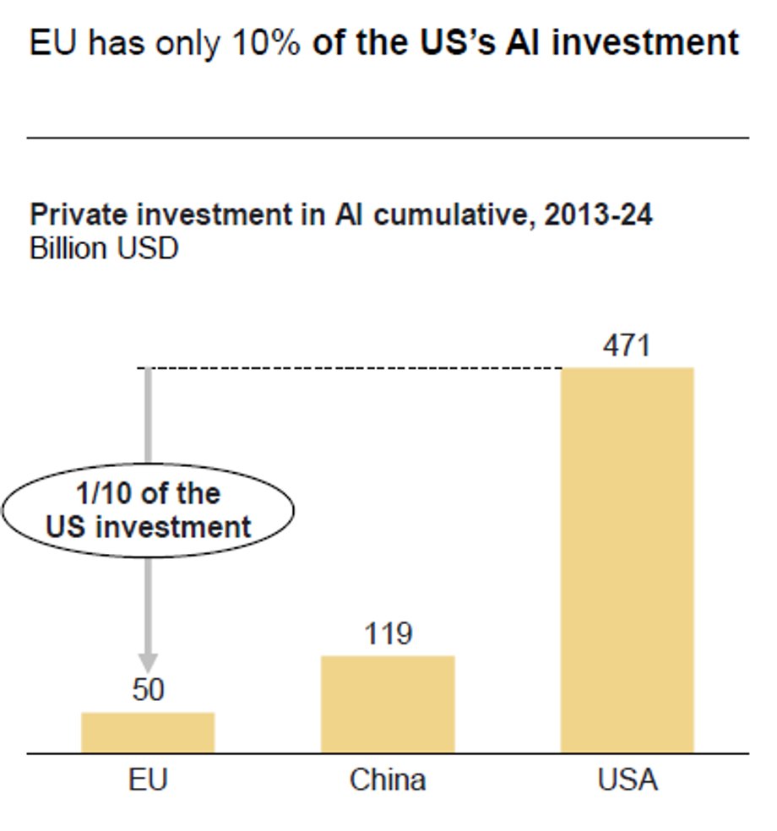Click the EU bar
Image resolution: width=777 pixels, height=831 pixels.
click(x=148, y=731)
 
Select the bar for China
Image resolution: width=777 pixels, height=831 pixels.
click(x=388, y=703)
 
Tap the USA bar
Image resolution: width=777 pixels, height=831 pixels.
click(x=627, y=559)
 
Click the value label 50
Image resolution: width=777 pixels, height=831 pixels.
click(x=148, y=691)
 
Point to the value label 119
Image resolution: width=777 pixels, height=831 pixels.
click(x=388, y=634)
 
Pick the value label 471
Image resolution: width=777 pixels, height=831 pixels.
click(x=627, y=346)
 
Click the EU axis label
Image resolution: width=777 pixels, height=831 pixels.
click(x=148, y=779)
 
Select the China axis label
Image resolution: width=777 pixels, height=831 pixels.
click(x=388, y=779)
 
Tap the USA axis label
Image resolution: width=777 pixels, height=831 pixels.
click(x=627, y=779)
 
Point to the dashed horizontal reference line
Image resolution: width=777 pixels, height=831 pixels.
click(x=355, y=367)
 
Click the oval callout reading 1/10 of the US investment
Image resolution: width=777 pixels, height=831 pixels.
click(x=149, y=510)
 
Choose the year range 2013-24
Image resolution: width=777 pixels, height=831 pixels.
click(x=598, y=215)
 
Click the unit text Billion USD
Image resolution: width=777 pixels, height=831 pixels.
click(x=104, y=249)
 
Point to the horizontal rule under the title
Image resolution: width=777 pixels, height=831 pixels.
click(x=388, y=137)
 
